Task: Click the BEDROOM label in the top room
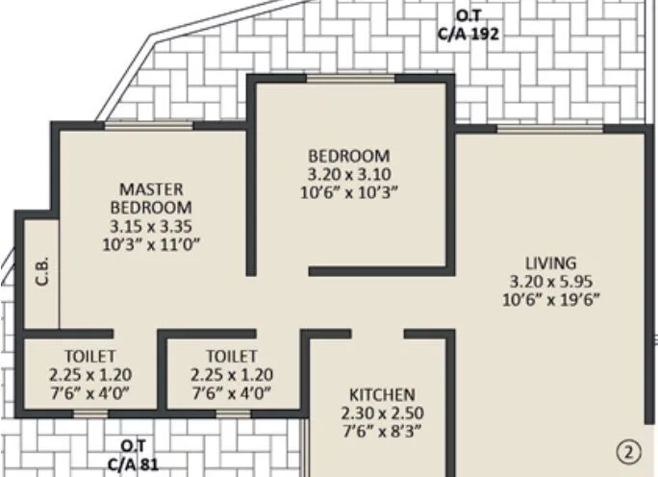click(348, 156)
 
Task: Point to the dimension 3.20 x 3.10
click(348, 174)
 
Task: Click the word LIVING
click(549, 263)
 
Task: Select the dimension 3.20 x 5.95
click(549, 281)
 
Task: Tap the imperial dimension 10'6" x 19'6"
click(549, 299)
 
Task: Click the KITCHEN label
click(382, 394)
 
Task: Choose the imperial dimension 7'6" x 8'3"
click(382, 431)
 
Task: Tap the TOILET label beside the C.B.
click(91, 356)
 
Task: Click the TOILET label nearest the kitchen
click(231, 356)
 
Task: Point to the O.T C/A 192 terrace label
click(468, 23)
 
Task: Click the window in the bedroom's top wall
click(349, 79)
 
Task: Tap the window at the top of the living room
click(543, 127)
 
